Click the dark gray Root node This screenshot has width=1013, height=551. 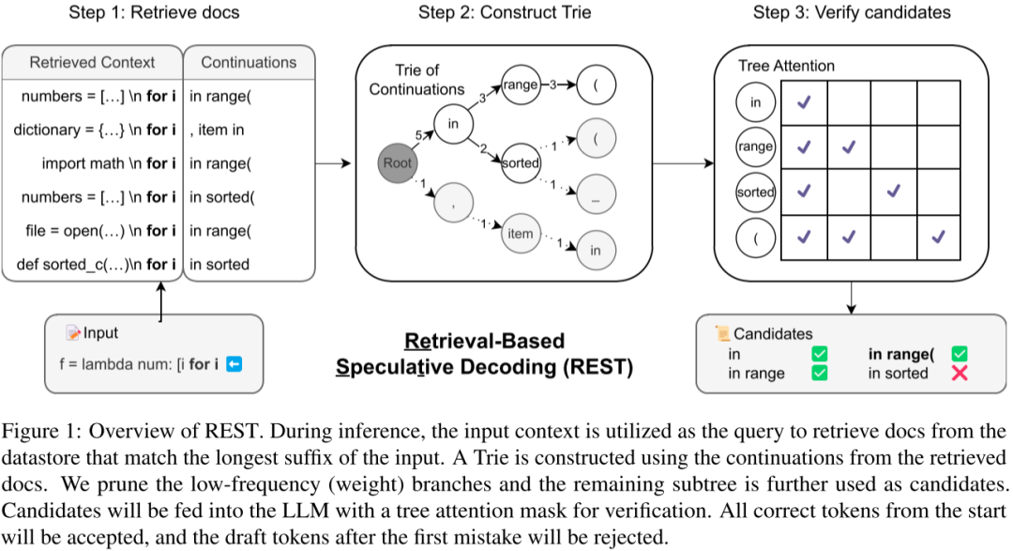pos(398,163)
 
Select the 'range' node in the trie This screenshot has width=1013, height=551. pos(521,84)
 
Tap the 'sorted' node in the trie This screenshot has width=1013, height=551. pos(521,163)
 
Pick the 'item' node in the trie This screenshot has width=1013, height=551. pos(521,234)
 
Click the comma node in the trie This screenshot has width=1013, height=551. pos(454,203)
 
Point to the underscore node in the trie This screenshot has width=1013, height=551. pos(596,194)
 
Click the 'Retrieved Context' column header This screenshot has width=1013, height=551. pos(92,63)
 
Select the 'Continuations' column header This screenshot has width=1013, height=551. pos(249,63)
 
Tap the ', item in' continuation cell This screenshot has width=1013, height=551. pos(217,130)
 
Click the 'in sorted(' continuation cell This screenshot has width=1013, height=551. pos(222,197)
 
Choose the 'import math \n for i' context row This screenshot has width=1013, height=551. pos(109,163)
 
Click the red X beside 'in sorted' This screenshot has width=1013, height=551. pos(960,374)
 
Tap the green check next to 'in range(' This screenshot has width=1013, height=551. pos(960,354)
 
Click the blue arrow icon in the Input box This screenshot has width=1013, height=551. pos(234,364)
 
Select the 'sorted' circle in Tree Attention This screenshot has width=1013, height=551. pos(756,192)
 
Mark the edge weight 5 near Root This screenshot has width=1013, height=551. pos(418,135)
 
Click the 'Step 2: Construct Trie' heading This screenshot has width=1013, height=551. pos(505,12)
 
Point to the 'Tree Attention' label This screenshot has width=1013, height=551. pos(786,66)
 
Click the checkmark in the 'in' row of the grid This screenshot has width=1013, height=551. pos(804,102)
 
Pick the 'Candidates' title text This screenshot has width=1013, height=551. pos(773,334)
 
